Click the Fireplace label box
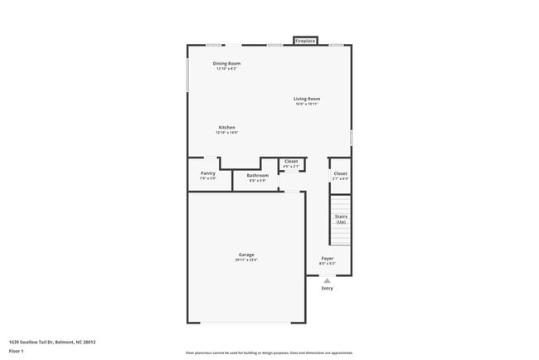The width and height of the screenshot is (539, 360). [x=305, y=41]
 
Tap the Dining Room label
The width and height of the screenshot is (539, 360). [x=227, y=64]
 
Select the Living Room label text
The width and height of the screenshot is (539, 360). [x=306, y=99]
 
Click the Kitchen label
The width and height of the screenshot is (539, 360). [x=226, y=128]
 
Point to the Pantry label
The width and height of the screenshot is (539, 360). [x=207, y=173]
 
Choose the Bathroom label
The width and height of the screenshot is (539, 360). [x=257, y=175]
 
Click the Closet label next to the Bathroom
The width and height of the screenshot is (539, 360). [x=291, y=161]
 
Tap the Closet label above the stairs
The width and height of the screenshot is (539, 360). [x=340, y=173]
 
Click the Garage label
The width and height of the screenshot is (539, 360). [x=246, y=255]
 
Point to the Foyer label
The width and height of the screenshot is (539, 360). [x=328, y=259]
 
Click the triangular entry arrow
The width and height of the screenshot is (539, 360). [x=328, y=280]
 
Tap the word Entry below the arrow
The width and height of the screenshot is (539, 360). [x=328, y=288]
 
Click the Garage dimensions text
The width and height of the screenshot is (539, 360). [x=246, y=260]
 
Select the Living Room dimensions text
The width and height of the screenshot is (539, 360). [x=306, y=105]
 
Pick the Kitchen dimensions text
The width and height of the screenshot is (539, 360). [x=226, y=134]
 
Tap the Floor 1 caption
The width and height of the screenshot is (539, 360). [x=17, y=351]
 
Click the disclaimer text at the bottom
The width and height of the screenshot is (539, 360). [x=269, y=353]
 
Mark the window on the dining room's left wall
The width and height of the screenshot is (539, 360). [x=188, y=75]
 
